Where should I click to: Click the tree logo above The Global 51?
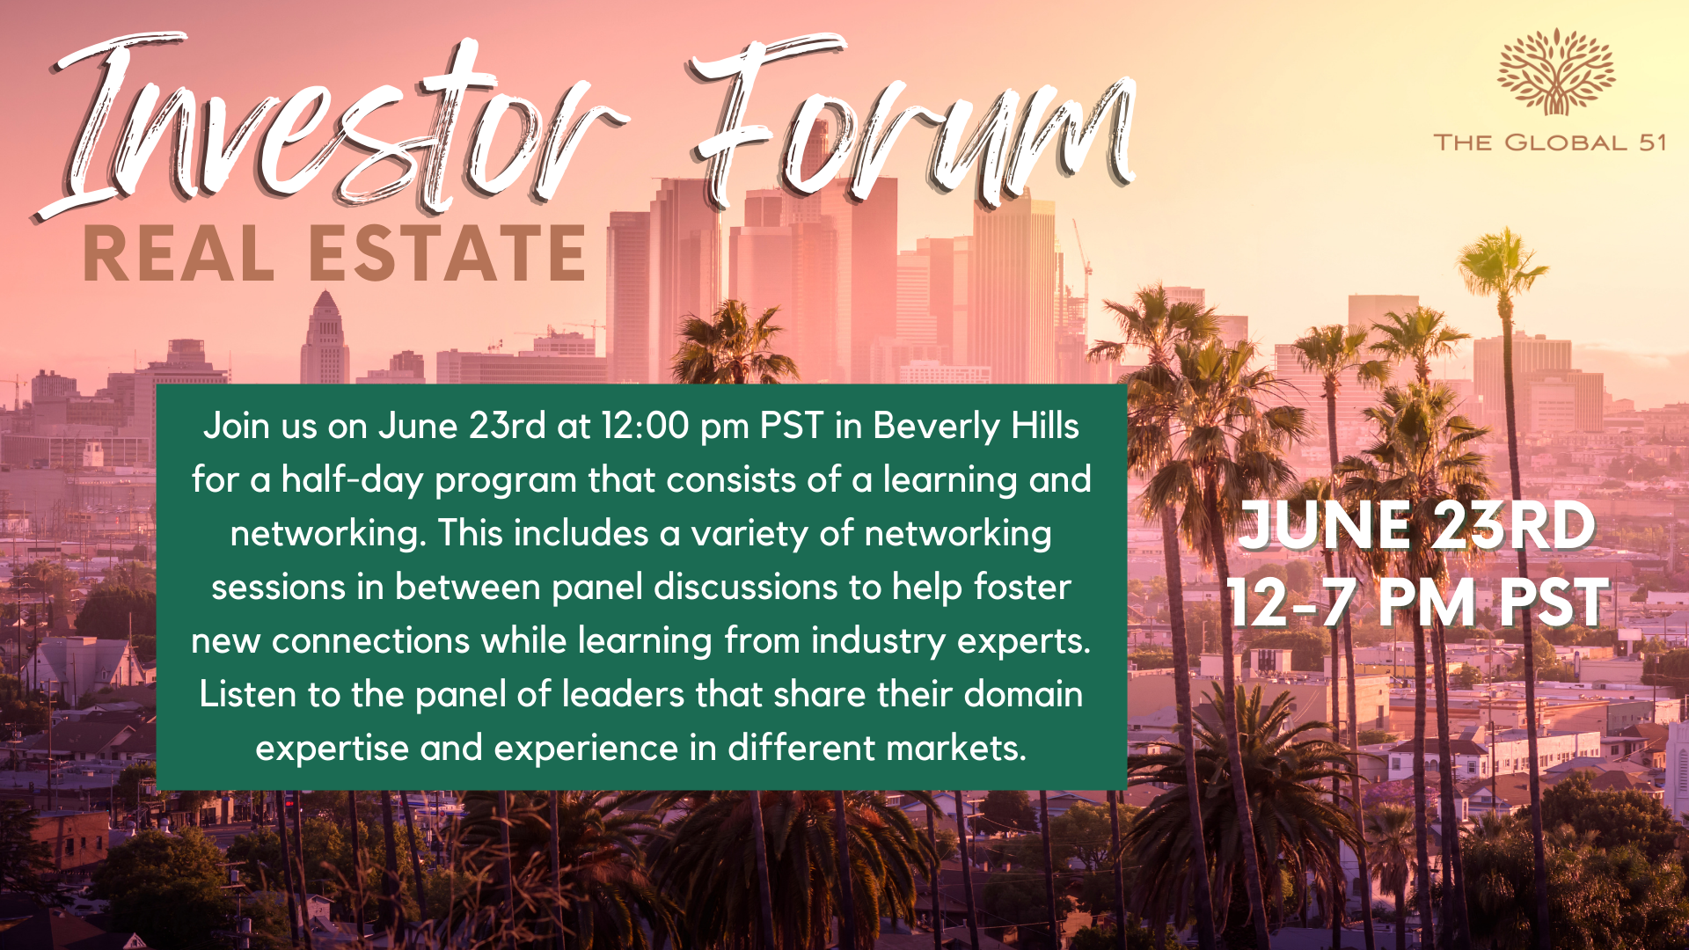[x=1556, y=72]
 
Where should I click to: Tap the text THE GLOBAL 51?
[x=1550, y=142]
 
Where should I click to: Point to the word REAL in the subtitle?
[x=179, y=253]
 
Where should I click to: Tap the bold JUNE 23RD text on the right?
[x=1417, y=525]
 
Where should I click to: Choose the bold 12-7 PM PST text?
[x=1418, y=603]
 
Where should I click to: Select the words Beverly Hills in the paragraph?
[x=976, y=426]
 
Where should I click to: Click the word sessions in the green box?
[x=278, y=587]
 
